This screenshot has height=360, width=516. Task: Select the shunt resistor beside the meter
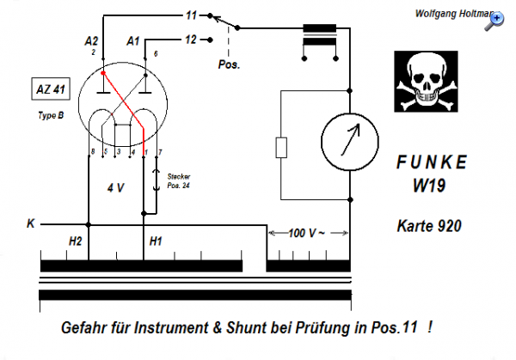point(281,148)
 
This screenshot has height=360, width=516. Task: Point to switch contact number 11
point(191,15)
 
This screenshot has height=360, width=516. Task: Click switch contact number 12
point(191,39)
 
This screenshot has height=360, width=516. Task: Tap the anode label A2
point(93,40)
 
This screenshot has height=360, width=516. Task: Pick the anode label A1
point(132,40)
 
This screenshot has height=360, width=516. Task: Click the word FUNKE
point(433,163)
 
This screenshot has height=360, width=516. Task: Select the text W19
point(433,186)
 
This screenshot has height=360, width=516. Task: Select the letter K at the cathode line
point(31,224)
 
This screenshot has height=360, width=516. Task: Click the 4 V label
point(117,186)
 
